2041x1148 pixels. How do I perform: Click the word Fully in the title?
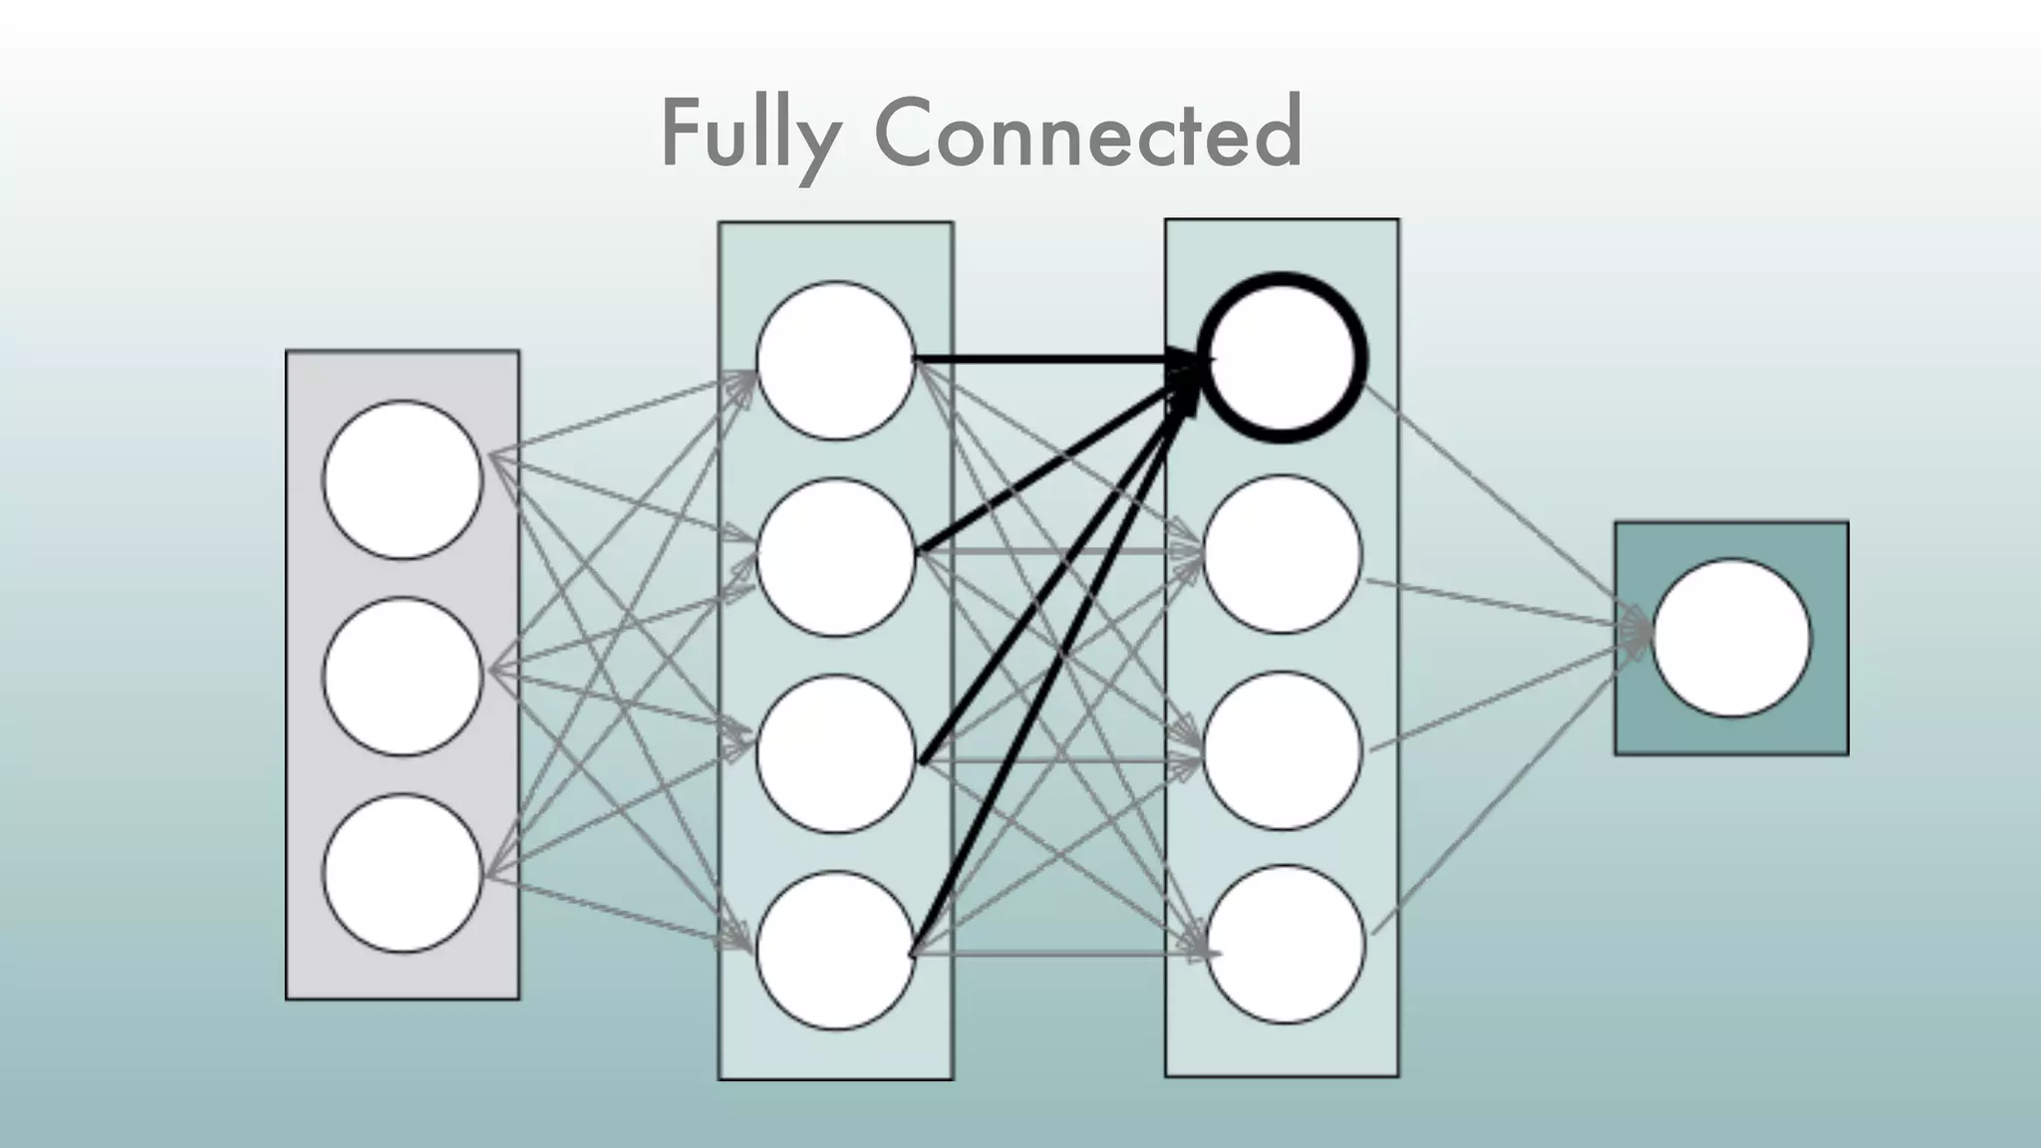(749, 135)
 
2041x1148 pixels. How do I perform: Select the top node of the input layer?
(403, 479)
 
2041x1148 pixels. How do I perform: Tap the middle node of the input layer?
(403, 676)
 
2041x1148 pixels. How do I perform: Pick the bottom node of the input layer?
(403, 873)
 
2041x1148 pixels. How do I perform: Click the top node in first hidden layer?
(835, 361)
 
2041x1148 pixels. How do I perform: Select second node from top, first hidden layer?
(835, 557)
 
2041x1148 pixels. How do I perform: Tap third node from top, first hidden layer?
(835, 753)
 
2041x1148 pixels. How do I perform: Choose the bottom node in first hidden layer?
(835, 950)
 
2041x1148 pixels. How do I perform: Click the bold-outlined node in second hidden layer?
(1282, 357)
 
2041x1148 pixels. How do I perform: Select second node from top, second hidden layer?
(1282, 554)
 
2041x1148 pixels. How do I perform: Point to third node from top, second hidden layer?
(1282, 750)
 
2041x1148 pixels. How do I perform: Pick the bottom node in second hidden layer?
(1286, 944)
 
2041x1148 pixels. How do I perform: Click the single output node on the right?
(1731, 638)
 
